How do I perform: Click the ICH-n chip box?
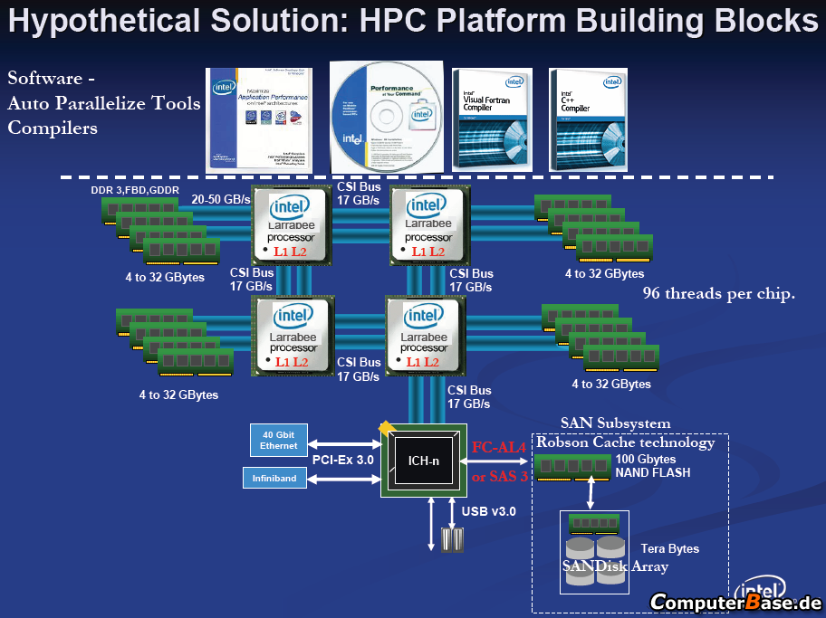(423, 460)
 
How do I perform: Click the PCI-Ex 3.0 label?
(344, 461)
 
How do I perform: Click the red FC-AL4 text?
(499, 446)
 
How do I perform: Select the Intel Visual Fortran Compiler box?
(489, 117)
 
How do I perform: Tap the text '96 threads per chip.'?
(719, 294)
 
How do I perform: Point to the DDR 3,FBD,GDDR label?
(134, 190)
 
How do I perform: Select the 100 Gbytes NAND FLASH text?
(652, 465)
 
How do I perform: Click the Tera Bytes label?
(669, 548)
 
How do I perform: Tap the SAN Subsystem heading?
(616, 423)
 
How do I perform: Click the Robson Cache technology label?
(625, 442)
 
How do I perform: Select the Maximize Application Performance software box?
(258, 118)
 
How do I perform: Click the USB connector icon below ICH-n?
(452, 539)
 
